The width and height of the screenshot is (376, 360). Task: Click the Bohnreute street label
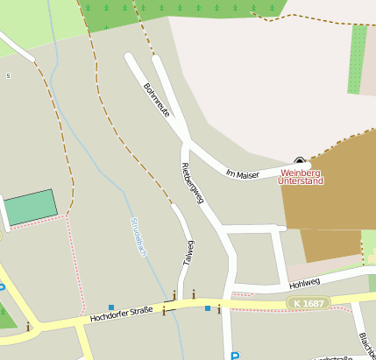click(x=156, y=102)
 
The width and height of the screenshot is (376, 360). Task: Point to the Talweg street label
click(x=188, y=253)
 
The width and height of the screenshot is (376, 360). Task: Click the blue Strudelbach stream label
click(x=138, y=236)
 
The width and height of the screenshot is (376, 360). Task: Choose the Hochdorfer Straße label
click(x=121, y=314)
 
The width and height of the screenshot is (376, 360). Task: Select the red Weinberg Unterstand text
click(x=301, y=177)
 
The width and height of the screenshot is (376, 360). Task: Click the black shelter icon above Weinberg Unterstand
click(x=301, y=161)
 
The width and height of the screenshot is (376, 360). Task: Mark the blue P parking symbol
click(x=234, y=356)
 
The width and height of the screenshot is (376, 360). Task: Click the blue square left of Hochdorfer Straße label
click(x=111, y=307)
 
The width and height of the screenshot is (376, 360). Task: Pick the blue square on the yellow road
click(x=208, y=308)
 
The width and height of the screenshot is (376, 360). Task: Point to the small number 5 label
click(x=9, y=76)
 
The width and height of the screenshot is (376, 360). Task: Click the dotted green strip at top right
click(x=357, y=59)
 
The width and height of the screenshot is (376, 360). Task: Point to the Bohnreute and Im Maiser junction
click(x=187, y=138)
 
